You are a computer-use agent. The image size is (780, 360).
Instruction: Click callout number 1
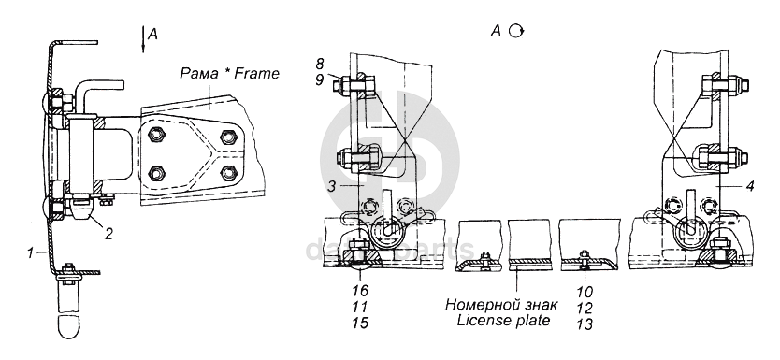coord(31,253)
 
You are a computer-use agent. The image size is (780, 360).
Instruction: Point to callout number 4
coord(751,186)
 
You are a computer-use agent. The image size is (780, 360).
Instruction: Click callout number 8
coord(319,64)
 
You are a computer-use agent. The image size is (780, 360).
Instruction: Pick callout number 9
coord(319,79)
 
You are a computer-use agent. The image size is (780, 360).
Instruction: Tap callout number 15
coord(360,323)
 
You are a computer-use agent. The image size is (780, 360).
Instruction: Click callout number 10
coord(585,291)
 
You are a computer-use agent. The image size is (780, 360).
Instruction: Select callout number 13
coord(585,324)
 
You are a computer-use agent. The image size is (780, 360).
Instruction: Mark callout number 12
coord(585,308)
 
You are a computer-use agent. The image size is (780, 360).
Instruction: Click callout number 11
coord(360,307)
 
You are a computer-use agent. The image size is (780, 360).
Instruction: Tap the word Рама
coord(199,74)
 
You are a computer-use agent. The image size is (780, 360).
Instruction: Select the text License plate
coord(503,320)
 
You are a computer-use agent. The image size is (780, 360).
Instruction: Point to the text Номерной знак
coord(501,304)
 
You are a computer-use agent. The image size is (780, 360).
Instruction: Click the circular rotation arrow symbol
coord(516,32)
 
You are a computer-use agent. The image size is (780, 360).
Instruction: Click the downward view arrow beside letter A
coord(143,40)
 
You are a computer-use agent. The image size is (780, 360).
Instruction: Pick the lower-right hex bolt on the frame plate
coord(228,173)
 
